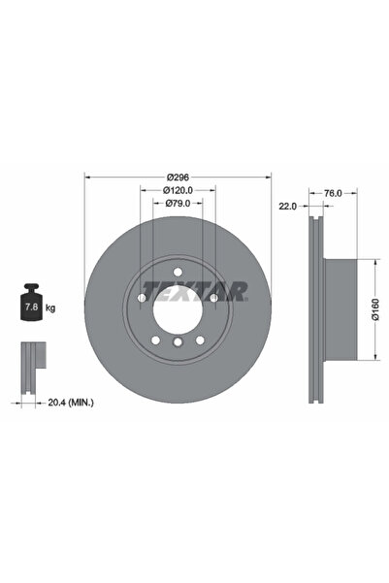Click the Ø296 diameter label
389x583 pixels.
pos(177,177)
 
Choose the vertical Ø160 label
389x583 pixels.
pos(374,309)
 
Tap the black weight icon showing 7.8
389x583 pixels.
pos(31,306)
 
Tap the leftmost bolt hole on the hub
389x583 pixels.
pos(142,299)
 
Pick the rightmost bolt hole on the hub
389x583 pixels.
pos(212,299)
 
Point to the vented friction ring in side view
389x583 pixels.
pos(312,309)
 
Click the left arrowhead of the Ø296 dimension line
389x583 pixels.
pos(89,177)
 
